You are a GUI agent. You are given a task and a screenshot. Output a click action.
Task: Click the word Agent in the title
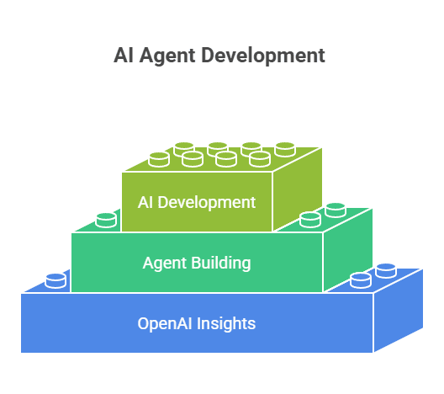pos(167,56)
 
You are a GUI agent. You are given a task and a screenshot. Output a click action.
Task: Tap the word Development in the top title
pos(263,56)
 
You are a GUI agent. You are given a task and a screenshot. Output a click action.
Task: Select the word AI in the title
pos(123,55)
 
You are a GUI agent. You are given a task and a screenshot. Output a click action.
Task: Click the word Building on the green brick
pos(221,263)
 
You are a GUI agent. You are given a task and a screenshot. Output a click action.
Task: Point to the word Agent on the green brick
pos(165,264)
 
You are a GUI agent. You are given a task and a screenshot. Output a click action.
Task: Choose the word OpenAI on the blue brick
pos(165,324)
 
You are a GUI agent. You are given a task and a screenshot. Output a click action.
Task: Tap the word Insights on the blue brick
pos(226,323)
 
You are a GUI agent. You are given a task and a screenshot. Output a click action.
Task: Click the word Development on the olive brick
pos(206,203)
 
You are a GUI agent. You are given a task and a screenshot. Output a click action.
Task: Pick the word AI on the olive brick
pos(145,202)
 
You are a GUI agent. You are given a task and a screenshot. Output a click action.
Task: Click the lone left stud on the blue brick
pos(55,280)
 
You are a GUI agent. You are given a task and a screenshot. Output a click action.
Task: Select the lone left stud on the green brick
pos(106,221)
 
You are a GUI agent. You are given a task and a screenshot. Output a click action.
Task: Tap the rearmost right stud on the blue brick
pos(386,271)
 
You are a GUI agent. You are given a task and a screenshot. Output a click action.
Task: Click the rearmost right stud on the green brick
pos(336,210)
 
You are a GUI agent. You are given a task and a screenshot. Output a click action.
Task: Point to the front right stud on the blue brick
pos(361,280)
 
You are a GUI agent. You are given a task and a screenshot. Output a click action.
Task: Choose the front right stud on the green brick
pos(310,220)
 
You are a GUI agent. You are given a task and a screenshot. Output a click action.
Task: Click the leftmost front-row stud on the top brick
pos(159,160)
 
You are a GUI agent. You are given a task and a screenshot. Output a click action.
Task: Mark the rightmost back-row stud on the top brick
pos(285,149)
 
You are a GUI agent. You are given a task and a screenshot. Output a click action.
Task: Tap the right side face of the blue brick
pos(399,311)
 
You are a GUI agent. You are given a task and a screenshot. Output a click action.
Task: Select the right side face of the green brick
pos(348,250)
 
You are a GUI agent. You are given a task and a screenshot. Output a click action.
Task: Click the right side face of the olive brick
pos(298,189)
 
